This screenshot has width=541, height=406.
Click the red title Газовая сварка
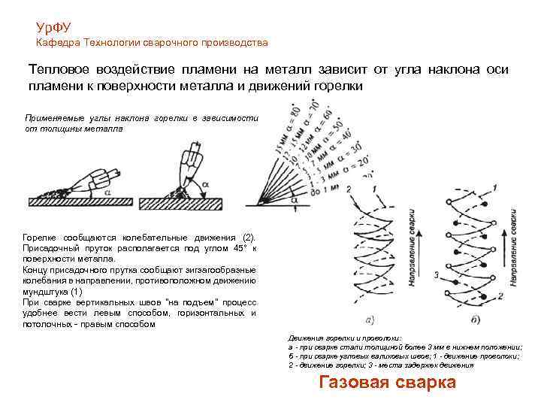point(388,382)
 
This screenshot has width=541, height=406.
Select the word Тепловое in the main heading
point(61,69)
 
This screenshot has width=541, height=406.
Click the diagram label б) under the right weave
point(476,320)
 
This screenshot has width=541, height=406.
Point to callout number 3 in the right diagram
point(436,276)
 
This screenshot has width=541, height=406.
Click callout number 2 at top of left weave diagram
point(348,187)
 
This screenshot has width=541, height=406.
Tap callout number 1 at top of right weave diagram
point(494,186)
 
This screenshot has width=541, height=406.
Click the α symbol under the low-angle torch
point(107,192)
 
